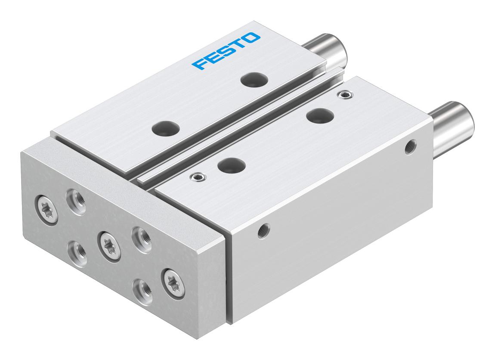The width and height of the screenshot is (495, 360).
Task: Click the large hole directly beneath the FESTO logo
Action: click(x=254, y=79)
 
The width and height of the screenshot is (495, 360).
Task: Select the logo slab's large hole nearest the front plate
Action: click(x=166, y=128)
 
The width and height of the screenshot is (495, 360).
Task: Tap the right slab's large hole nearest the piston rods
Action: click(x=320, y=115)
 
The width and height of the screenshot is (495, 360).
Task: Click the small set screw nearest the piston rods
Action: click(x=345, y=94)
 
